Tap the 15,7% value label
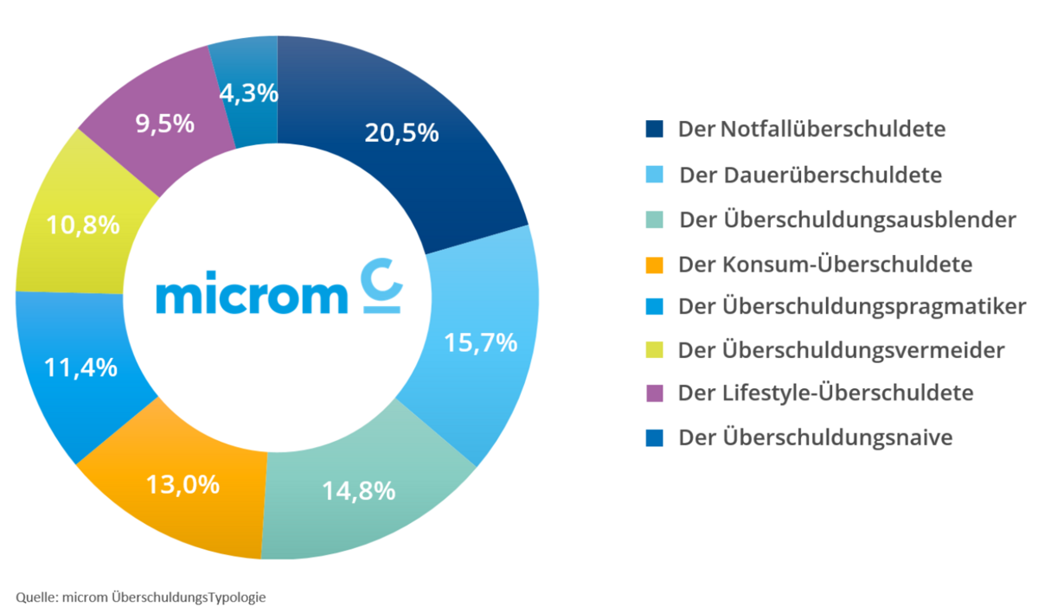[x=481, y=342]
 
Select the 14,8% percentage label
[x=359, y=491]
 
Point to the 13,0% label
[x=183, y=484]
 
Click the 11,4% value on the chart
[x=81, y=367]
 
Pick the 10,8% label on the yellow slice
[x=83, y=227]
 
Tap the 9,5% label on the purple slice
[x=164, y=124]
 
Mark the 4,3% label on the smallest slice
[x=249, y=93]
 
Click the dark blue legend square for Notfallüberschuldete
[x=654, y=130]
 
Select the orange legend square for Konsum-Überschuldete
[x=654, y=263]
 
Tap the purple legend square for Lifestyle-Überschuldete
[x=654, y=393]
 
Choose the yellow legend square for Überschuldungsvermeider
[x=654, y=350]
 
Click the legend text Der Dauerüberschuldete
[x=811, y=175]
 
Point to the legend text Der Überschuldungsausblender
[x=848, y=220]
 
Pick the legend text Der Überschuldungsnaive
[x=816, y=437]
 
